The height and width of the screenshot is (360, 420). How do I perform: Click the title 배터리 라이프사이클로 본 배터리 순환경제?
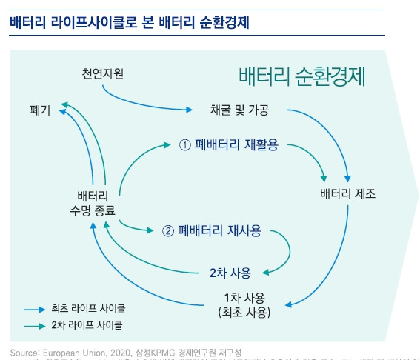point(129,21)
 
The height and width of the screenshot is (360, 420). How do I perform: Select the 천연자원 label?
point(103,73)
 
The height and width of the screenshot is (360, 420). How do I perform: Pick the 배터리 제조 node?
point(348,194)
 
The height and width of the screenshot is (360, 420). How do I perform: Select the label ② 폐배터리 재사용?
point(212,230)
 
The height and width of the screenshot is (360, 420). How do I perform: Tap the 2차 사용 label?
point(230,271)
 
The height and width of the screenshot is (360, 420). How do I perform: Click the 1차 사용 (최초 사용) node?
point(244,304)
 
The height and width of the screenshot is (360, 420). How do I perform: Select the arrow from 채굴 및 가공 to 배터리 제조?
point(330,133)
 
